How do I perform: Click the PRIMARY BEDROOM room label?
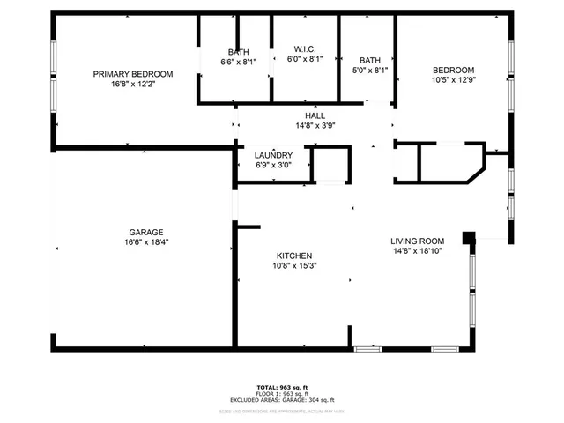tap(133, 74)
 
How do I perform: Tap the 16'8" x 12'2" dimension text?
tap(133, 85)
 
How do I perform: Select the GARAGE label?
tap(146, 233)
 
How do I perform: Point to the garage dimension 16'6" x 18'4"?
tap(146, 243)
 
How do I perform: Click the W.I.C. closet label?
tap(305, 48)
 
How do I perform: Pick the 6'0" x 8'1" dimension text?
tap(305, 59)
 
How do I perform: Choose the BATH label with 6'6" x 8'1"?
tap(238, 52)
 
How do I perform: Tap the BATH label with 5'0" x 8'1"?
tap(370, 60)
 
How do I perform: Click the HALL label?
tap(315, 115)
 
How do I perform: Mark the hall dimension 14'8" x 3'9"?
tap(315, 125)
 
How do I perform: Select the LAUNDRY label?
tap(273, 155)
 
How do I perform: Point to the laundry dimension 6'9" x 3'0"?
tap(273, 165)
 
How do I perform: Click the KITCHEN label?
tap(295, 256)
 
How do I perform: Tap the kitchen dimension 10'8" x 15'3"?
tap(295, 266)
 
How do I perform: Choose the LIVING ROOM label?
tap(418, 241)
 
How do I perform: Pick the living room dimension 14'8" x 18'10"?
tap(418, 251)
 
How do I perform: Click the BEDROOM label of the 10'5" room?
tap(453, 70)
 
